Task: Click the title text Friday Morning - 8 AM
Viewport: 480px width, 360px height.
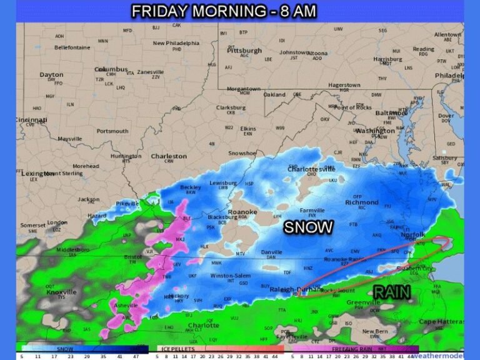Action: pyautogui.click(x=224, y=11)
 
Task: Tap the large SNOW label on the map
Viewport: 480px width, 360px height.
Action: pyautogui.click(x=308, y=227)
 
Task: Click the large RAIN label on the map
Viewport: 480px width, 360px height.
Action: pyautogui.click(x=392, y=292)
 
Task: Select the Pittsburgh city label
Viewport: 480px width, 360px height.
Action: pyautogui.click(x=244, y=50)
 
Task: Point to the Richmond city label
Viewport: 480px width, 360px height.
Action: pyautogui.click(x=361, y=202)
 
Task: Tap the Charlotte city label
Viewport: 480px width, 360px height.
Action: pyautogui.click(x=203, y=325)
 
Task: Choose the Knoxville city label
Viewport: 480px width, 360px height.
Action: pyautogui.click(x=61, y=292)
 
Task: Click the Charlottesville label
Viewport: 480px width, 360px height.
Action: pyautogui.click(x=311, y=169)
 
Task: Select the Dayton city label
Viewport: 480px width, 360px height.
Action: pyautogui.click(x=51, y=75)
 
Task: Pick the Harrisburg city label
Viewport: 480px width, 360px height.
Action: pyautogui.click(x=387, y=59)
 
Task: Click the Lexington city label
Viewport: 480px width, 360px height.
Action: pyautogui.click(x=37, y=173)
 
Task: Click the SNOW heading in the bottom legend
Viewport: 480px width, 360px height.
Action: pyautogui.click(x=65, y=349)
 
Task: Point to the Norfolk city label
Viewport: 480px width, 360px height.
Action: pyautogui.click(x=413, y=235)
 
